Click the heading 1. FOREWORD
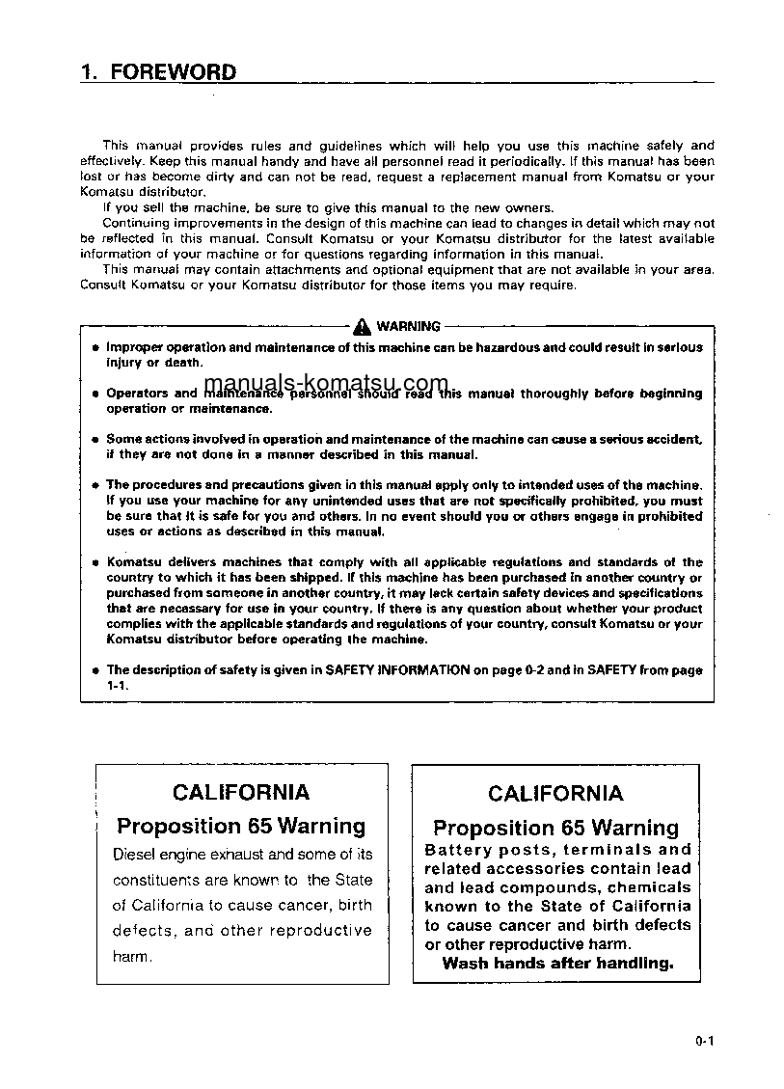pos(158,71)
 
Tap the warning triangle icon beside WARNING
pos(363,326)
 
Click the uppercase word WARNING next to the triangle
pos(408,326)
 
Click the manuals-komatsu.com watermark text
pos(326,383)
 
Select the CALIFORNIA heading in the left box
pos(241,792)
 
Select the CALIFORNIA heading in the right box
pos(555,794)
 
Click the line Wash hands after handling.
pos(557,963)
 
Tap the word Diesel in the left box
pos(133,854)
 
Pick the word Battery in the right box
pos(458,850)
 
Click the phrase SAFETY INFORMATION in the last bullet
pos(397,669)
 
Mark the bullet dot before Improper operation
pos(95,347)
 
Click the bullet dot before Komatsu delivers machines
pos(95,562)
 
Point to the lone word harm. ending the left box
pos(132,956)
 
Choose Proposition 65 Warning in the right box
pos(555,828)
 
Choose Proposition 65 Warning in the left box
pos(241,826)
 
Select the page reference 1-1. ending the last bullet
pos(117,685)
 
